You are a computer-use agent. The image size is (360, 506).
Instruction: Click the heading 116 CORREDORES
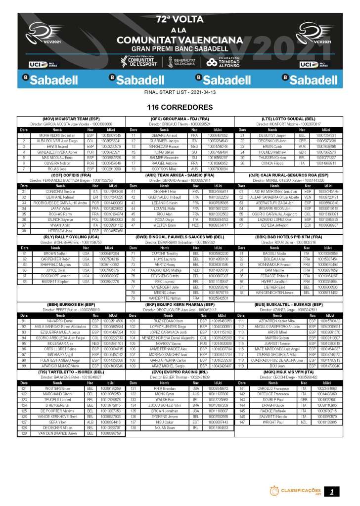pyautogui.click(x=180, y=107)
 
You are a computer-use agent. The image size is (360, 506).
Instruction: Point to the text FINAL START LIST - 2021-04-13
pyautogui.click(x=180, y=92)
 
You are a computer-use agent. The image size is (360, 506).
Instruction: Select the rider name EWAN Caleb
pyautogui.click(x=278, y=147)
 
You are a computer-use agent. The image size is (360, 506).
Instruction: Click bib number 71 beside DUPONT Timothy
pyautogui.click(x=133, y=253)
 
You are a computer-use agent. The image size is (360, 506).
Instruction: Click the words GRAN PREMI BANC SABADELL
pyautogui.click(x=180, y=49)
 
